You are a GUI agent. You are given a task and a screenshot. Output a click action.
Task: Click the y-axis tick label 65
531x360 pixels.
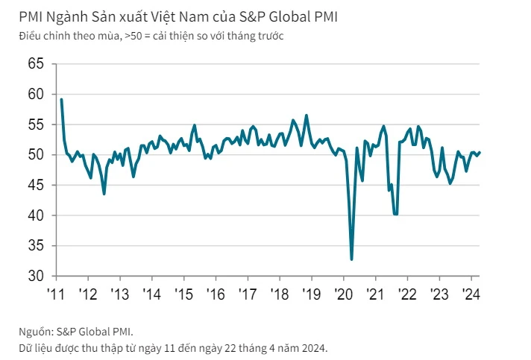coord(36,64)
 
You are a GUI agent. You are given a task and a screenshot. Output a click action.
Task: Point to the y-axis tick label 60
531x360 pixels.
coord(36,95)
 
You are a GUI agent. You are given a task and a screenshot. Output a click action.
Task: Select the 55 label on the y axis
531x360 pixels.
coord(36,124)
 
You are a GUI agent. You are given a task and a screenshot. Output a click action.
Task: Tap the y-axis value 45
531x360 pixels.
coord(36,185)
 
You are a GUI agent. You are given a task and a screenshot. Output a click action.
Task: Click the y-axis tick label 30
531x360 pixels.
coord(36,276)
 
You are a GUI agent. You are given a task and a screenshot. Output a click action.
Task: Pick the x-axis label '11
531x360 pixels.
coord(57,293)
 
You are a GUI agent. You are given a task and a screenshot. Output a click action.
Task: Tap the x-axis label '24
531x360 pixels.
coord(471,293)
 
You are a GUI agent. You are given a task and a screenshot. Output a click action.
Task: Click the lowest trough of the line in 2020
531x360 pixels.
coord(351,259)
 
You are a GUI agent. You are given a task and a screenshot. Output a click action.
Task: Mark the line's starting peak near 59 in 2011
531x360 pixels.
coord(61,99)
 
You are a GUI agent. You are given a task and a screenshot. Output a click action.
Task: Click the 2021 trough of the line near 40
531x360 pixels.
coord(395,214)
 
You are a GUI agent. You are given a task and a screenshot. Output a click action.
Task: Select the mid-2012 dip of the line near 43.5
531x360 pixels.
coord(104,194)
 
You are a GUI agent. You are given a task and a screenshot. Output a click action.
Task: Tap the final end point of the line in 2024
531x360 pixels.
coord(480,152)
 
